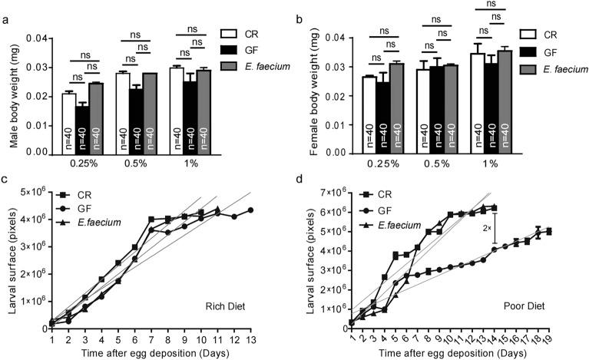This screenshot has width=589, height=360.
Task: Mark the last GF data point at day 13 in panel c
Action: (x=250, y=210)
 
